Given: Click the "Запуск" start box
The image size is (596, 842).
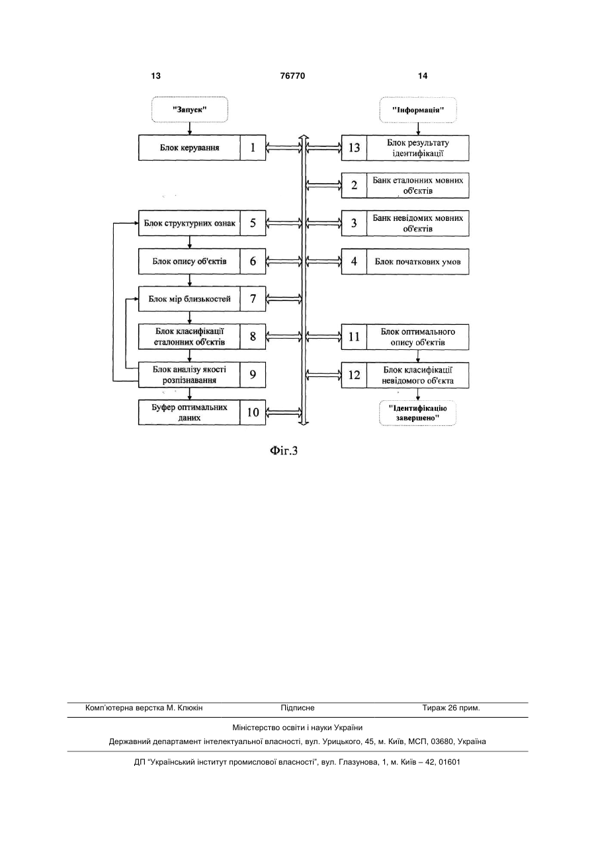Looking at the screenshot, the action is pyautogui.click(x=190, y=109).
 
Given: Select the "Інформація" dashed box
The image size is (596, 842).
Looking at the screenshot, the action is pyautogui.click(x=418, y=110).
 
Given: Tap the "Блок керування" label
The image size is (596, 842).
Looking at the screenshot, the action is pyautogui.click(x=190, y=147).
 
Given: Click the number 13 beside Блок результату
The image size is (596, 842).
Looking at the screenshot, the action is pyautogui.click(x=354, y=147).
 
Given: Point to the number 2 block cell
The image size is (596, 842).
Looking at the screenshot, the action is pyautogui.click(x=354, y=185).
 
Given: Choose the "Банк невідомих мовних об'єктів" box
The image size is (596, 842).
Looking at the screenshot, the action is pyautogui.click(x=405, y=224).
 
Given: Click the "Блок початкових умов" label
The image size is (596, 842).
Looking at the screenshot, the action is pyautogui.click(x=417, y=262).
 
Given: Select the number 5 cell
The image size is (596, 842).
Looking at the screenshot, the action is pyautogui.click(x=253, y=223).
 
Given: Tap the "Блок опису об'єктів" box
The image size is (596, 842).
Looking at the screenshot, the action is pyautogui.click(x=202, y=261).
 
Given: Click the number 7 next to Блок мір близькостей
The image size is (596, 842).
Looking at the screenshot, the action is pyautogui.click(x=253, y=299).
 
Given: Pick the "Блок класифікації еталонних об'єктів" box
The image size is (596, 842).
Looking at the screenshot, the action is pyautogui.click(x=202, y=337).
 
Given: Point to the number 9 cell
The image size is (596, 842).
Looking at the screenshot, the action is pyautogui.click(x=253, y=375).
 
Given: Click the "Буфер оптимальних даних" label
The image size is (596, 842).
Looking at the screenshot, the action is pyautogui.click(x=190, y=412).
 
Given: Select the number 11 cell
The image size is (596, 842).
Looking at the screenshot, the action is pyautogui.click(x=354, y=337).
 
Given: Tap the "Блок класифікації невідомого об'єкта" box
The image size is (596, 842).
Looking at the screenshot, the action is pyautogui.click(x=405, y=375).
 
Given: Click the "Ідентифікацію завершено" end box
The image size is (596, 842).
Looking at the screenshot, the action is pyautogui.click(x=417, y=413).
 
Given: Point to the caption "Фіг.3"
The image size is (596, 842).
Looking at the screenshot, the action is pyautogui.click(x=284, y=450).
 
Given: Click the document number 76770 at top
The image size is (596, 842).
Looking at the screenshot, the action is pyautogui.click(x=292, y=76).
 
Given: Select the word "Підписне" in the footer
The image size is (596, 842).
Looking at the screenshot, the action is pyautogui.click(x=298, y=708).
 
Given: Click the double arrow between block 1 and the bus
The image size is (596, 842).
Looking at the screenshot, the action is pyautogui.click(x=284, y=147).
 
